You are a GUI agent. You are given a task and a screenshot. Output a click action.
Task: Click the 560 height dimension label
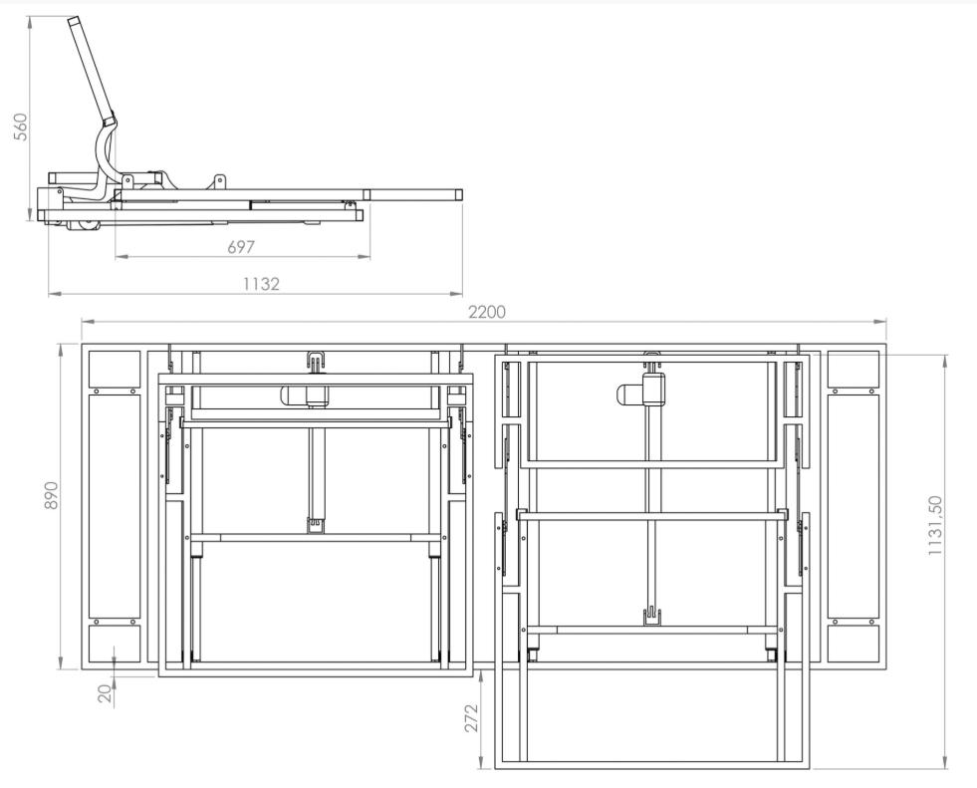click(21, 128)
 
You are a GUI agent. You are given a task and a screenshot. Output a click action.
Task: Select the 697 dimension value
click(241, 247)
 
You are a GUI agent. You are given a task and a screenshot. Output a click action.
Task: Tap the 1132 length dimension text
click(262, 284)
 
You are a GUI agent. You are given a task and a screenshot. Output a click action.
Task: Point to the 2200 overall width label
click(487, 312)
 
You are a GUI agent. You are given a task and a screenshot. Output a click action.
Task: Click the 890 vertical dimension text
click(51, 495)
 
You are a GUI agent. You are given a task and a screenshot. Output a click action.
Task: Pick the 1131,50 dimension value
click(935, 526)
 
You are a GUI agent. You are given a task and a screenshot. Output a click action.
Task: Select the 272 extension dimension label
click(471, 718)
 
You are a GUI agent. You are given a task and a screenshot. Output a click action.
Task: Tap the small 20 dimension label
click(106, 693)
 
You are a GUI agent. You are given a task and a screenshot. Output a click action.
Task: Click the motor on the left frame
click(305, 395)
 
